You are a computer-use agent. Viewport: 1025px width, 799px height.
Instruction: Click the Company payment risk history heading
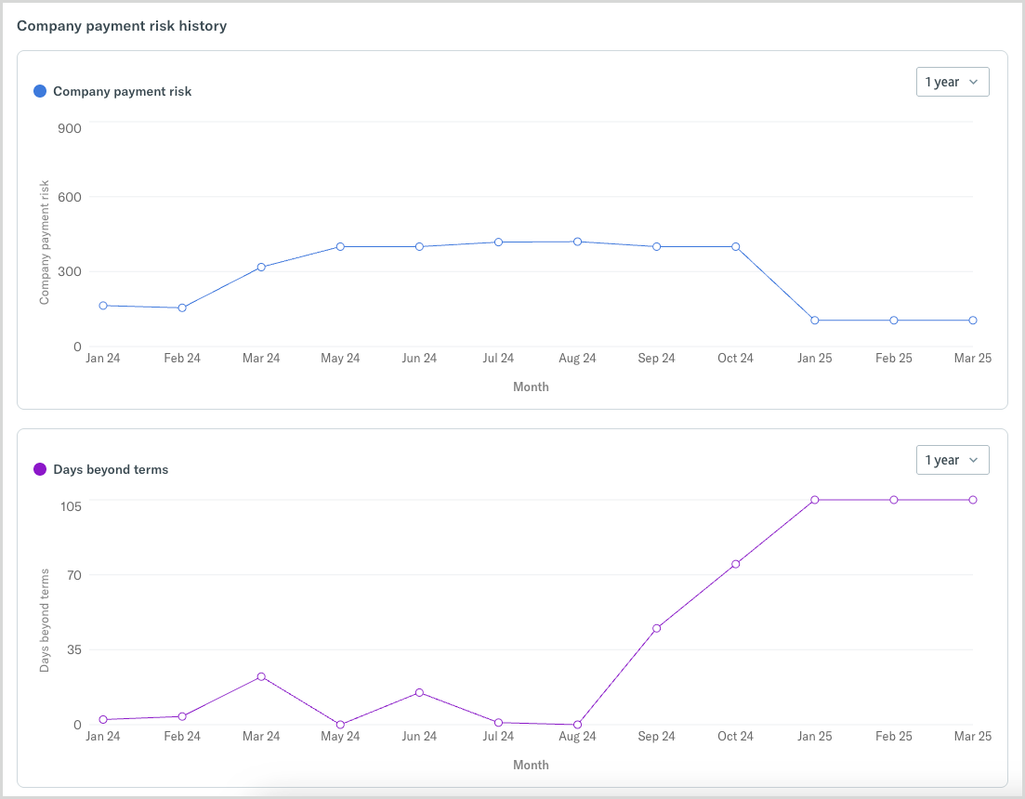(122, 26)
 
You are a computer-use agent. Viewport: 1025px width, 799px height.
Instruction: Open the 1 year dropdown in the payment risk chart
(952, 82)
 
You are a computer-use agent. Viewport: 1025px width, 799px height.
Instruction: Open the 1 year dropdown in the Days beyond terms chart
(952, 460)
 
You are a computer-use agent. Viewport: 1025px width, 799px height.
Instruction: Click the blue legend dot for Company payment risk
(40, 91)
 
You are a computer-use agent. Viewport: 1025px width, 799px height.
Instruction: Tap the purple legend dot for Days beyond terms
(40, 469)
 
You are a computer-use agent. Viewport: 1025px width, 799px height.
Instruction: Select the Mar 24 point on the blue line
(261, 268)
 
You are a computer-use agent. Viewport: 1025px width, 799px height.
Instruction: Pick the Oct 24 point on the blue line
(735, 247)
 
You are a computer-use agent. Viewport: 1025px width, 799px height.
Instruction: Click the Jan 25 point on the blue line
(815, 321)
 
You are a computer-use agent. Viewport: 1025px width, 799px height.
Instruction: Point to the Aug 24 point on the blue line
(577, 242)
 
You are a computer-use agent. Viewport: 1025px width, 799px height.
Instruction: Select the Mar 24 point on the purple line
(261, 676)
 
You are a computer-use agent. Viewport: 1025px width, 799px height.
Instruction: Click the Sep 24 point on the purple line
(656, 628)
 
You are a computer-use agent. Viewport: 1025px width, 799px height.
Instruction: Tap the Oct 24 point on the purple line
(735, 564)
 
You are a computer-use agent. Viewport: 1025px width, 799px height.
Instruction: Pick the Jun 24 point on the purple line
(419, 692)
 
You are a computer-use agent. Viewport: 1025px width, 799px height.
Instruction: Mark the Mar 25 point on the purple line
(973, 500)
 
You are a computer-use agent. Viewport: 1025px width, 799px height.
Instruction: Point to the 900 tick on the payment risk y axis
(70, 127)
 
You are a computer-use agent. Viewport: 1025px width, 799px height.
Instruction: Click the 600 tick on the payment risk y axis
(70, 197)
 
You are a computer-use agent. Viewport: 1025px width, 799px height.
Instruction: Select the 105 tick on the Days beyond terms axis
(72, 505)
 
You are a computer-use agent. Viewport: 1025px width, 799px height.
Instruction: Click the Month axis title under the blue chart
(531, 386)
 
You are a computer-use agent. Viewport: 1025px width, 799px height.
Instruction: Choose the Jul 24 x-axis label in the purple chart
(498, 736)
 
